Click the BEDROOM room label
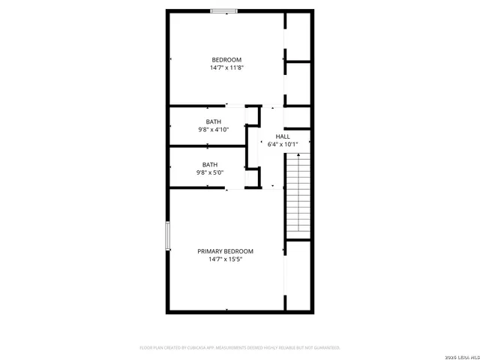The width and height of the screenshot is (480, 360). [226, 60]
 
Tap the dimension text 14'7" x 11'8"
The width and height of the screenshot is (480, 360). [226, 68]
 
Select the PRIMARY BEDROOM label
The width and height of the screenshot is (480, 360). [225, 251]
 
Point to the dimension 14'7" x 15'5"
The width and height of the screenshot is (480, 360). [225, 259]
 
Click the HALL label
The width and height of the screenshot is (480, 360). [283, 136]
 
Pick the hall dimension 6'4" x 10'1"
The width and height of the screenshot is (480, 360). [283, 144]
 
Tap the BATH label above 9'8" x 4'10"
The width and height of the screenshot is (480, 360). [214, 121]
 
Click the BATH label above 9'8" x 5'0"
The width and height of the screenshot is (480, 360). [210, 164]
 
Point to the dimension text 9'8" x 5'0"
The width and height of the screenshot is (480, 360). [210, 172]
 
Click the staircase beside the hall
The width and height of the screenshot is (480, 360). [297, 195]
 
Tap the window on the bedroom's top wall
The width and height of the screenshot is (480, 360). [224, 10]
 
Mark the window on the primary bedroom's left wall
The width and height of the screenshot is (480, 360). [168, 241]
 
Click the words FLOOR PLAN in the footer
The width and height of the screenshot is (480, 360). [152, 348]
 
